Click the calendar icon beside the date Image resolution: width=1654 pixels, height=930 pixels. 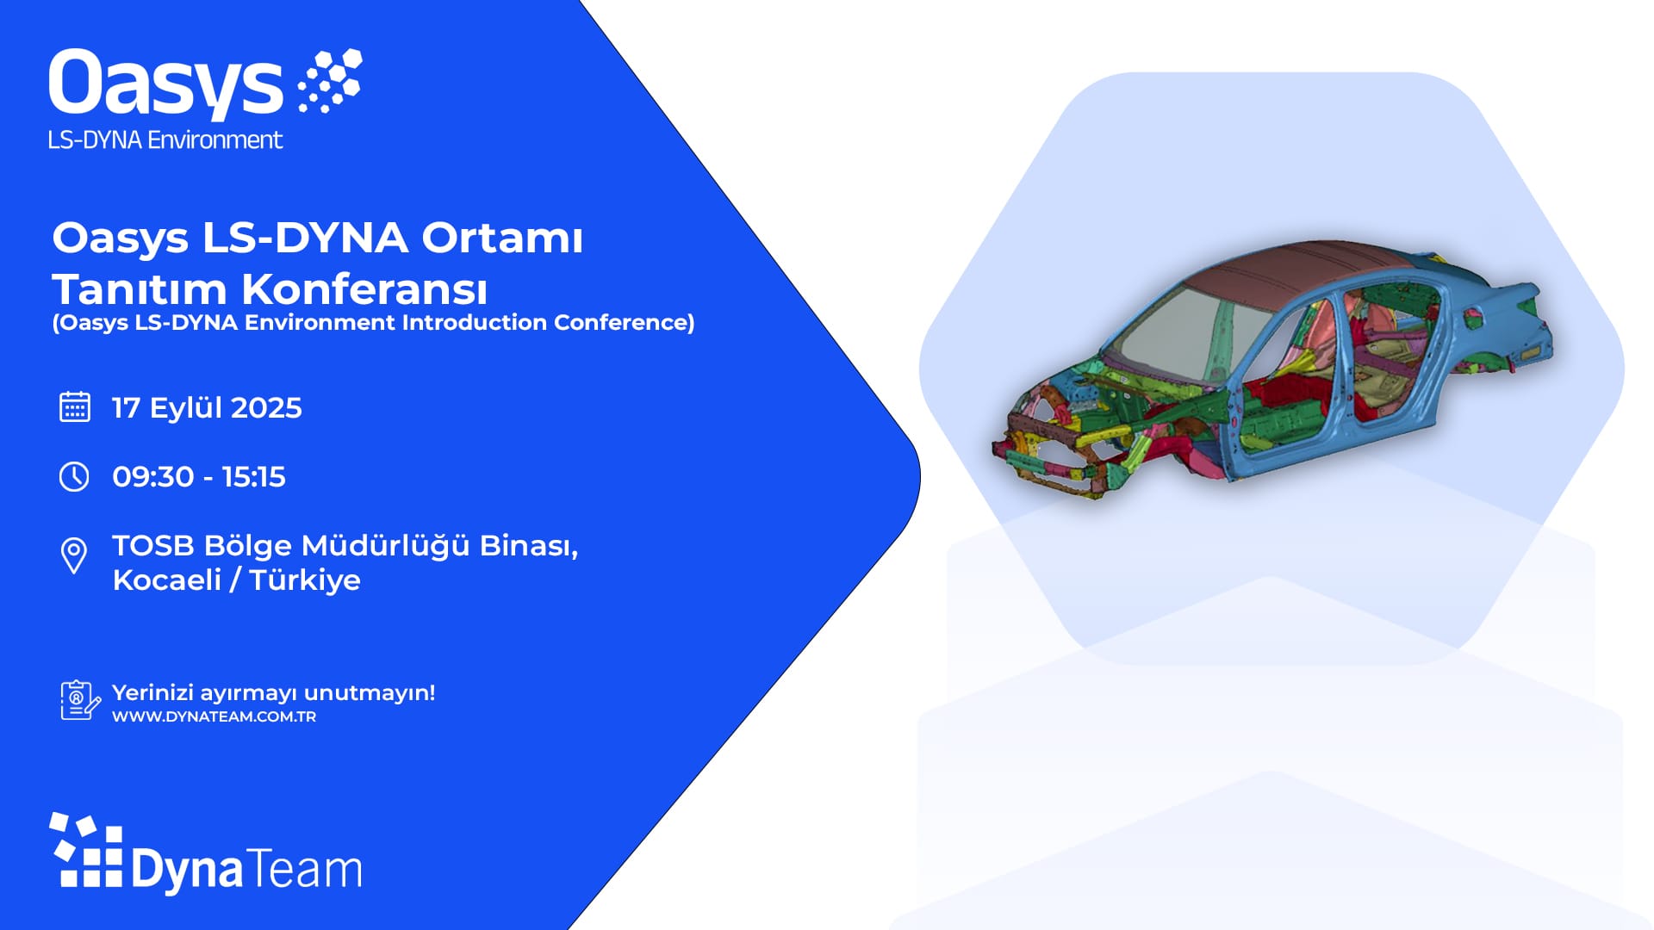(x=75, y=407)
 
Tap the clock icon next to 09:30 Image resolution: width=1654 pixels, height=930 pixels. (x=74, y=476)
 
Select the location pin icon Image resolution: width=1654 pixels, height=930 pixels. (x=74, y=555)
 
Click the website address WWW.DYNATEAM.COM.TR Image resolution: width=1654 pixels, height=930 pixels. (x=214, y=716)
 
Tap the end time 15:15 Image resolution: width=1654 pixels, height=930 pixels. (x=253, y=477)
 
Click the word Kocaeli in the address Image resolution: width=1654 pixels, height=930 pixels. (x=167, y=580)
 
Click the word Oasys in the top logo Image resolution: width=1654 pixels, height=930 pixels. (x=165, y=84)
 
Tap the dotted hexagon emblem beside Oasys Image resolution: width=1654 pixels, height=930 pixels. (x=329, y=81)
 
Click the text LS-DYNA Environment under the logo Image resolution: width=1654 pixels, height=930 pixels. (x=165, y=140)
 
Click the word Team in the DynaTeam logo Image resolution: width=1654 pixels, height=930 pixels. (x=306, y=870)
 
